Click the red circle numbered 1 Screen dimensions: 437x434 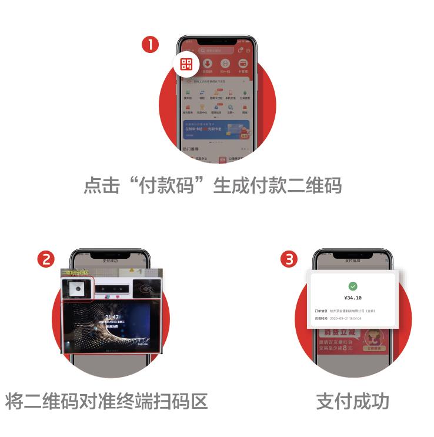(x=151, y=45)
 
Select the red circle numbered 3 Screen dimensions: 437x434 (x=288, y=259)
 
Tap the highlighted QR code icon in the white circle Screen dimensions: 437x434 (x=186, y=64)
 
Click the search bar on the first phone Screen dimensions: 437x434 (x=216, y=51)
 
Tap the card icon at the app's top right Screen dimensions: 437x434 (x=242, y=64)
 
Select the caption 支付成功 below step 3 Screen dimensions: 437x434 (x=353, y=401)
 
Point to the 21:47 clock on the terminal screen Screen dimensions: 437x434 (x=112, y=318)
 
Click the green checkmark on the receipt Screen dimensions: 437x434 (x=352, y=286)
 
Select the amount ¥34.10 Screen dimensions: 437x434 (x=352, y=298)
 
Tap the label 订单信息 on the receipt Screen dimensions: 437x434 (x=321, y=311)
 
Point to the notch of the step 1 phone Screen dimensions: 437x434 (x=216, y=42)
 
